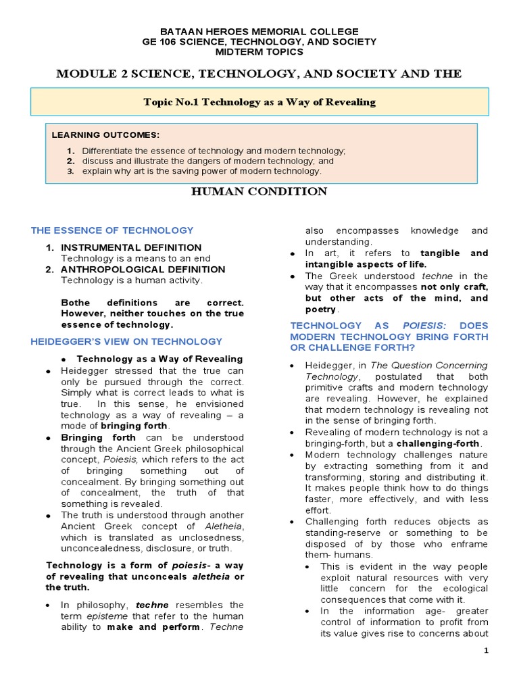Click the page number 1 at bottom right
pyautogui.click(x=485, y=650)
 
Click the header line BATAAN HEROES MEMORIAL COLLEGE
pyautogui.click(x=259, y=32)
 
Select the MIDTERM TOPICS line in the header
pyautogui.click(x=259, y=52)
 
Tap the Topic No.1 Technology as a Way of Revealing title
pyautogui.click(x=259, y=102)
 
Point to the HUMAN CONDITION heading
pyautogui.click(x=259, y=192)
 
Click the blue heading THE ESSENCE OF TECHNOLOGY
pyautogui.click(x=112, y=230)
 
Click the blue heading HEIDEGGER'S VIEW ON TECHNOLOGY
pyautogui.click(x=126, y=341)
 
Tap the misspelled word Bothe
pyautogui.click(x=75, y=302)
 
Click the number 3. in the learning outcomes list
pyautogui.click(x=70, y=171)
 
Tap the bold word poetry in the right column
pyautogui.click(x=320, y=309)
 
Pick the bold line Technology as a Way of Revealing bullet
pyautogui.click(x=159, y=358)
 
